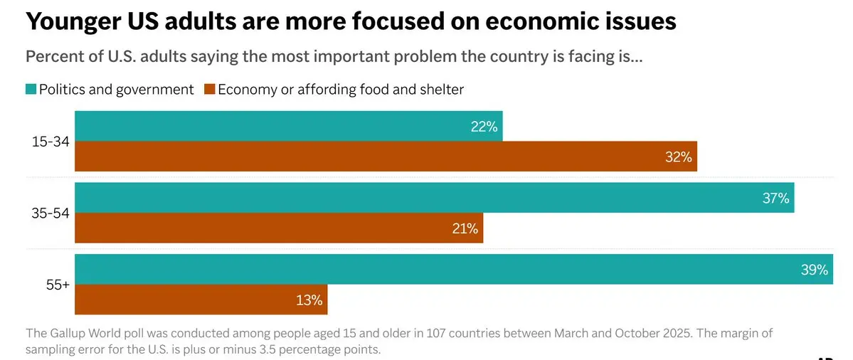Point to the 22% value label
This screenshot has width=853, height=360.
pos(484,127)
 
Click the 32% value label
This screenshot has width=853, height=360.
pos(678,157)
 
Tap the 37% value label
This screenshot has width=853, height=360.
pos(775,198)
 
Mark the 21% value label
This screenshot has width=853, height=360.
pos(465,229)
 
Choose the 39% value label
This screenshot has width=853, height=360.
pos(814,270)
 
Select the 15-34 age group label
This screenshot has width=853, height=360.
pos(51,142)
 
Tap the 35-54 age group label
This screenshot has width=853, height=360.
pos(51,213)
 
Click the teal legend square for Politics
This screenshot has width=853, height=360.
pos(31,90)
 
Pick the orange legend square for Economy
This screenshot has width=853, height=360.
pos(209,90)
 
